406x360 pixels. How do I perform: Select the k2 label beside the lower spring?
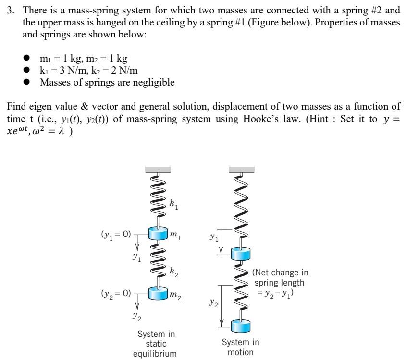click(x=173, y=272)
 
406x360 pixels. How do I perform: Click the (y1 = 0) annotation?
click(x=116, y=235)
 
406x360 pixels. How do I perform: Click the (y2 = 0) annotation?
click(x=116, y=292)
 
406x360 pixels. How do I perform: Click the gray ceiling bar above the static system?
click(x=157, y=169)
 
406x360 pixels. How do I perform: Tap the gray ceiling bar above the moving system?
click(x=242, y=169)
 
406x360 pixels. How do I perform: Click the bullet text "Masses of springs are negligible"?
click(x=107, y=83)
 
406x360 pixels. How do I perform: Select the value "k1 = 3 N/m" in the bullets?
click(x=64, y=71)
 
